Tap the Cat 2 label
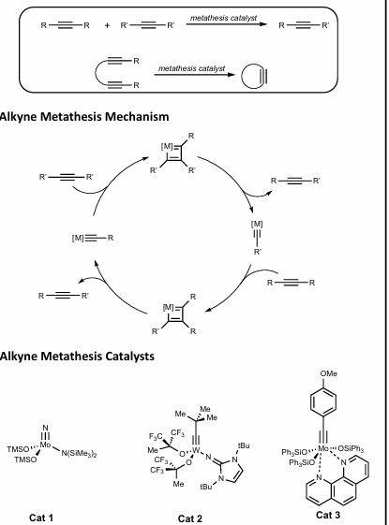pos(192,512)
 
